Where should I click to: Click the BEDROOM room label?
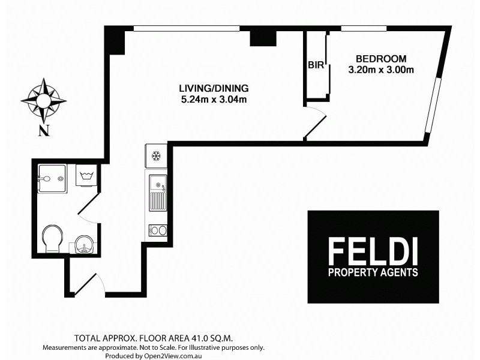click(381, 59)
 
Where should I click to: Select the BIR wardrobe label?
click(316, 65)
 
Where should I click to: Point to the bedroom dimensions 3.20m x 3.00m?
click(381, 70)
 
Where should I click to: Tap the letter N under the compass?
click(43, 132)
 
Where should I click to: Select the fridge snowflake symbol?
click(156, 157)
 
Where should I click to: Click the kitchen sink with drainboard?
click(157, 193)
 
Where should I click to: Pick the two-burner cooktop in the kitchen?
click(157, 229)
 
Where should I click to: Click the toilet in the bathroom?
click(52, 239)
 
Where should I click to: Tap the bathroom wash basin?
click(83, 244)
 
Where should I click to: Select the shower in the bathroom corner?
click(51, 178)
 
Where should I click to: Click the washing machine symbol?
click(85, 176)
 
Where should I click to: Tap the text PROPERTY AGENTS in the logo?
click(373, 272)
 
